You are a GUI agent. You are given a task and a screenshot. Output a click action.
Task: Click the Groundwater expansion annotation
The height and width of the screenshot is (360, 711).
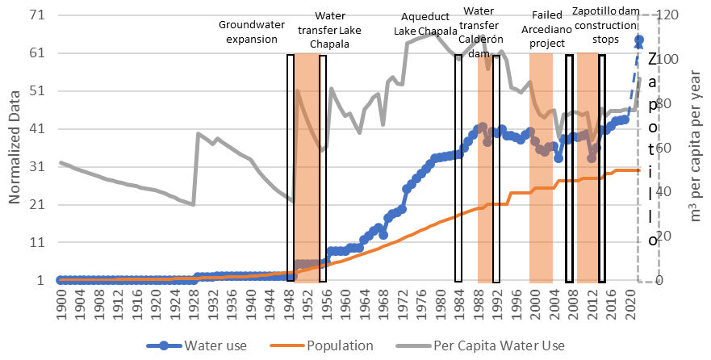coord(253,32)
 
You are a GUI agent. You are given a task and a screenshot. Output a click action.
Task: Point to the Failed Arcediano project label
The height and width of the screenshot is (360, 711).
coord(552,32)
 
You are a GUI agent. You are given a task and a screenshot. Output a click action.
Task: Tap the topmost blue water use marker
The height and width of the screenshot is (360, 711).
coord(638,39)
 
